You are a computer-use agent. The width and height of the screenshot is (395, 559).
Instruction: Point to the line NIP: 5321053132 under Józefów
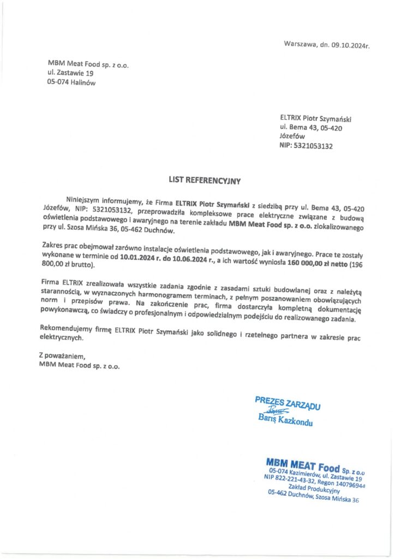306,146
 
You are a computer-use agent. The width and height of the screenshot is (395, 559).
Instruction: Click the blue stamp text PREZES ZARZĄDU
287,403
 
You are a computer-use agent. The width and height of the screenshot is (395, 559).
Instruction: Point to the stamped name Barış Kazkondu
285,420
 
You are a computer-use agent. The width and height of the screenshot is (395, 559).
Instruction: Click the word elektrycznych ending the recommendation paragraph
61,338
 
